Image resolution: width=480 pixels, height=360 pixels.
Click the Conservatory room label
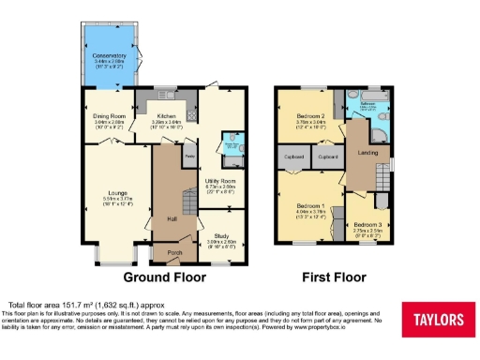pos(109,58)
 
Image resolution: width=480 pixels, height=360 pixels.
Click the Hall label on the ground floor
pos(172,218)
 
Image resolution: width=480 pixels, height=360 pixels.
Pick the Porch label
pos(174,252)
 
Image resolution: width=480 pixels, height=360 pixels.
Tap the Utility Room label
pos(220,180)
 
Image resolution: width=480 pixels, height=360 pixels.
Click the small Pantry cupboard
pos(188,155)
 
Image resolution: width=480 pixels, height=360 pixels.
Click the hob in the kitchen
pos(192,113)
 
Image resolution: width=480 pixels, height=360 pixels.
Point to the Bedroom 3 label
pos(367,225)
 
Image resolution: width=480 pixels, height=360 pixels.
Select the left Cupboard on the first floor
pos(288,157)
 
